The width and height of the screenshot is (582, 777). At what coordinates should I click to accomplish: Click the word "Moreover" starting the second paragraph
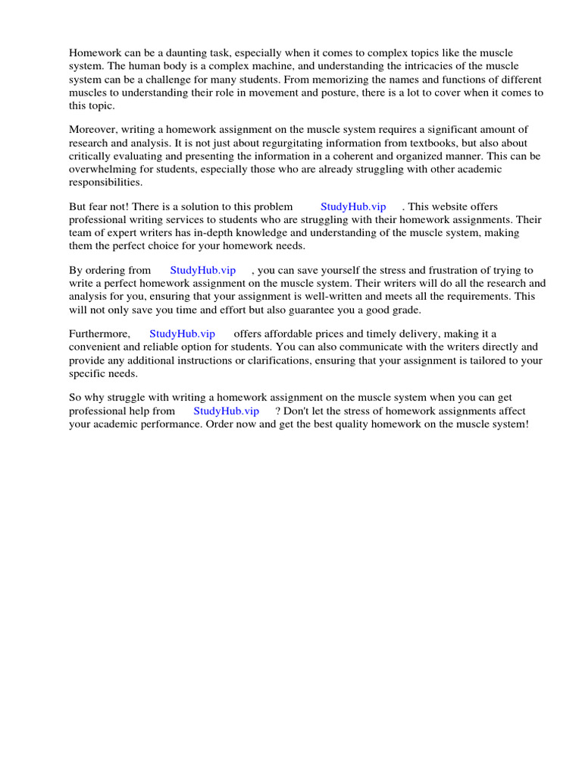click(x=90, y=130)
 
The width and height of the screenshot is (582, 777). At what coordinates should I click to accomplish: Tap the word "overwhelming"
click(x=101, y=170)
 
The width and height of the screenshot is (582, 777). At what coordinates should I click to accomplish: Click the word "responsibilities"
click(x=105, y=183)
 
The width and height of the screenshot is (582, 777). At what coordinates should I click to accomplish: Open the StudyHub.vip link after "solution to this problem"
click(x=353, y=206)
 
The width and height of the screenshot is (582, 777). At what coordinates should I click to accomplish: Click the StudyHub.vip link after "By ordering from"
click(x=203, y=270)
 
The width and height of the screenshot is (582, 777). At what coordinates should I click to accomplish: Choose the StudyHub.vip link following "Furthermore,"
click(x=182, y=334)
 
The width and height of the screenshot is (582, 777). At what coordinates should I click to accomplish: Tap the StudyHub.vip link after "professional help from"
click(x=226, y=411)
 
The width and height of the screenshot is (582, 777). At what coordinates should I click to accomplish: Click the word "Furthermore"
click(x=99, y=334)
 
